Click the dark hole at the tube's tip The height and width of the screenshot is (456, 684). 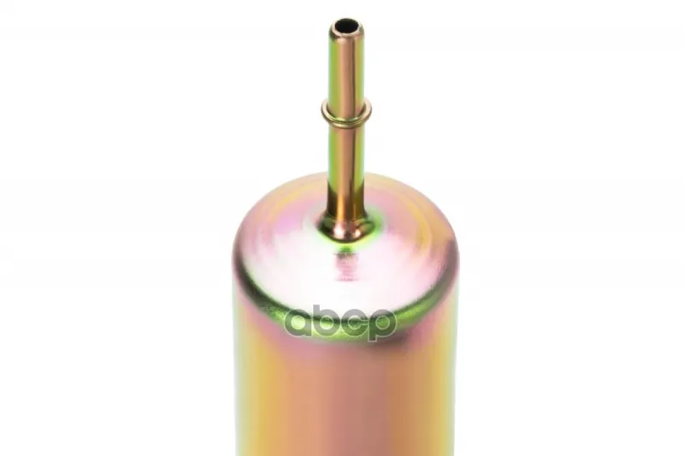pyautogui.click(x=346, y=26)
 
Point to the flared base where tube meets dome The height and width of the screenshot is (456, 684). pyautogui.click(x=346, y=228)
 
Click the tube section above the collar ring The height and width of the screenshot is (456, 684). pyautogui.click(x=346, y=66)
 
